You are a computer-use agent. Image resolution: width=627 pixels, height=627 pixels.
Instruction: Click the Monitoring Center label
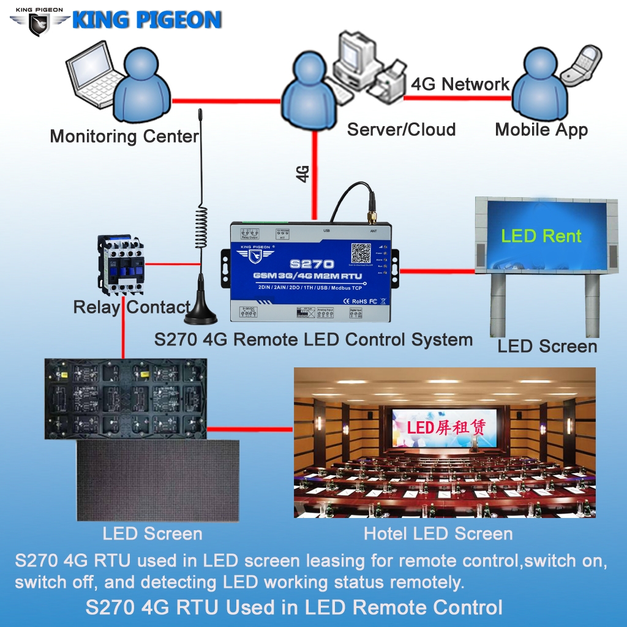point(124,136)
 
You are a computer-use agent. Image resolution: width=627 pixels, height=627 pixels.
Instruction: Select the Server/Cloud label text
point(401,129)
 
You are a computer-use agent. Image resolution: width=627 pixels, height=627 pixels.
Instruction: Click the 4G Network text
point(460,84)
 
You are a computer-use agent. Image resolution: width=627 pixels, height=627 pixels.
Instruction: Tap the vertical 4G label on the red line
point(302,173)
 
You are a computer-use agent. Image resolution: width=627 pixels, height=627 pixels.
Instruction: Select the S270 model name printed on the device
point(312,263)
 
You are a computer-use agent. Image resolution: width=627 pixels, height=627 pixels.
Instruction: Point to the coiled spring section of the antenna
point(200,227)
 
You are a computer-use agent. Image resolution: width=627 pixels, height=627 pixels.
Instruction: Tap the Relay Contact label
point(132,307)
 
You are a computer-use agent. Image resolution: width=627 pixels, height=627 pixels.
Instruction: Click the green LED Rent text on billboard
point(541,236)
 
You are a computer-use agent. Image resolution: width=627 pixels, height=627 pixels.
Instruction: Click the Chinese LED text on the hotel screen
point(445,427)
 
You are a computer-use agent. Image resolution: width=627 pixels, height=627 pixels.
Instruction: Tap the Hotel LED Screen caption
point(438,533)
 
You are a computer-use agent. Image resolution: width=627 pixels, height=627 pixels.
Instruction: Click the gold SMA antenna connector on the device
point(371,215)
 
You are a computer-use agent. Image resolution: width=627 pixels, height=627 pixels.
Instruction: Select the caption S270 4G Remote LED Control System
point(313,340)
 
